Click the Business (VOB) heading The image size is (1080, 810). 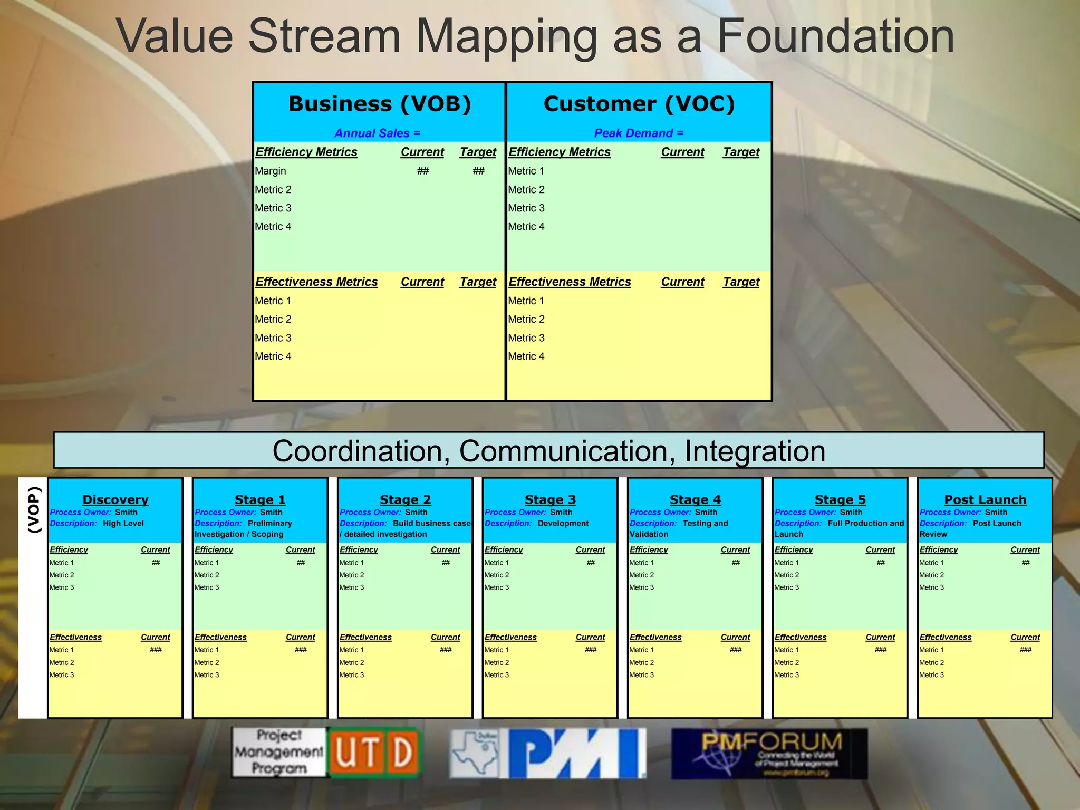[x=379, y=104]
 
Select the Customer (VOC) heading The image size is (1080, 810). [x=639, y=104]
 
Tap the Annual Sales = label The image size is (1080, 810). [x=377, y=133]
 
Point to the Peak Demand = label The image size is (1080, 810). [x=638, y=133]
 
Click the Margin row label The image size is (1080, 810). [x=271, y=171]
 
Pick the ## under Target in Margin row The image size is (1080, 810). [x=478, y=171]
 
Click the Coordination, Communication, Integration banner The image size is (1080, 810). [x=548, y=451]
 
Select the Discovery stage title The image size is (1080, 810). [x=115, y=499]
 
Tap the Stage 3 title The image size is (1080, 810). [x=550, y=499]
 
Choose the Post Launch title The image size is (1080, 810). [x=985, y=499]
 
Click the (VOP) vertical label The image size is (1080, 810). [x=34, y=509]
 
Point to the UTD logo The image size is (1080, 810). [x=374, y=753]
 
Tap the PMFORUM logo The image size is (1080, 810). [x=769, y=753]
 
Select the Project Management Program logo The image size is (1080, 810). [x=279, y=752]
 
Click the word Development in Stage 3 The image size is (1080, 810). [x=563, y=524]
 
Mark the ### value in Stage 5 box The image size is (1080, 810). [x=880, y=650]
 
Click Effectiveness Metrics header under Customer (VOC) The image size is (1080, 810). [x=570, y=282]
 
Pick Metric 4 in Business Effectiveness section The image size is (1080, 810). [x=273, y=356]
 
